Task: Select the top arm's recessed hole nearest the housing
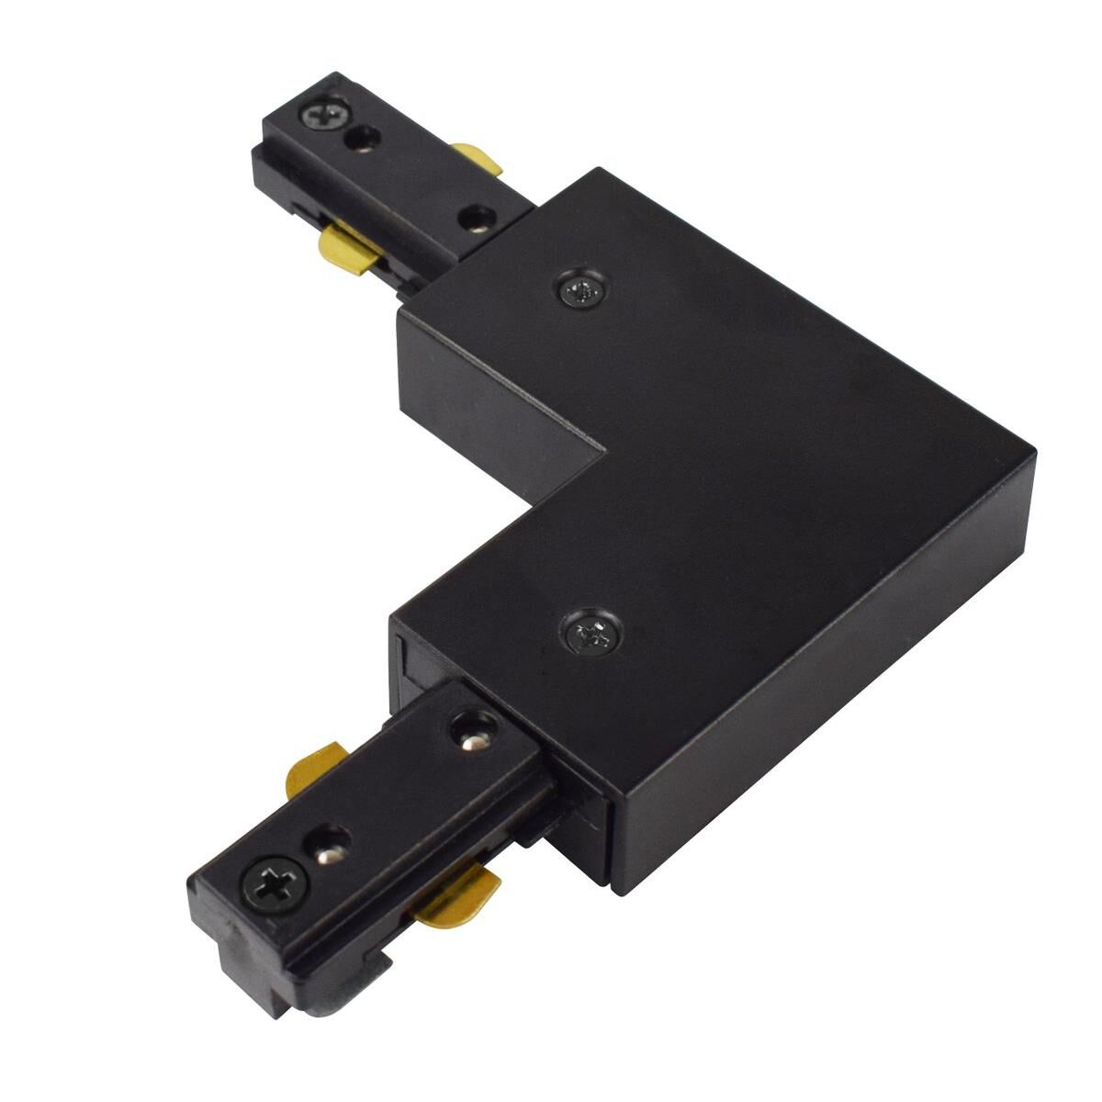[x=475, y=219]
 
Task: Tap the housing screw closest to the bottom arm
[x=589, y=633]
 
